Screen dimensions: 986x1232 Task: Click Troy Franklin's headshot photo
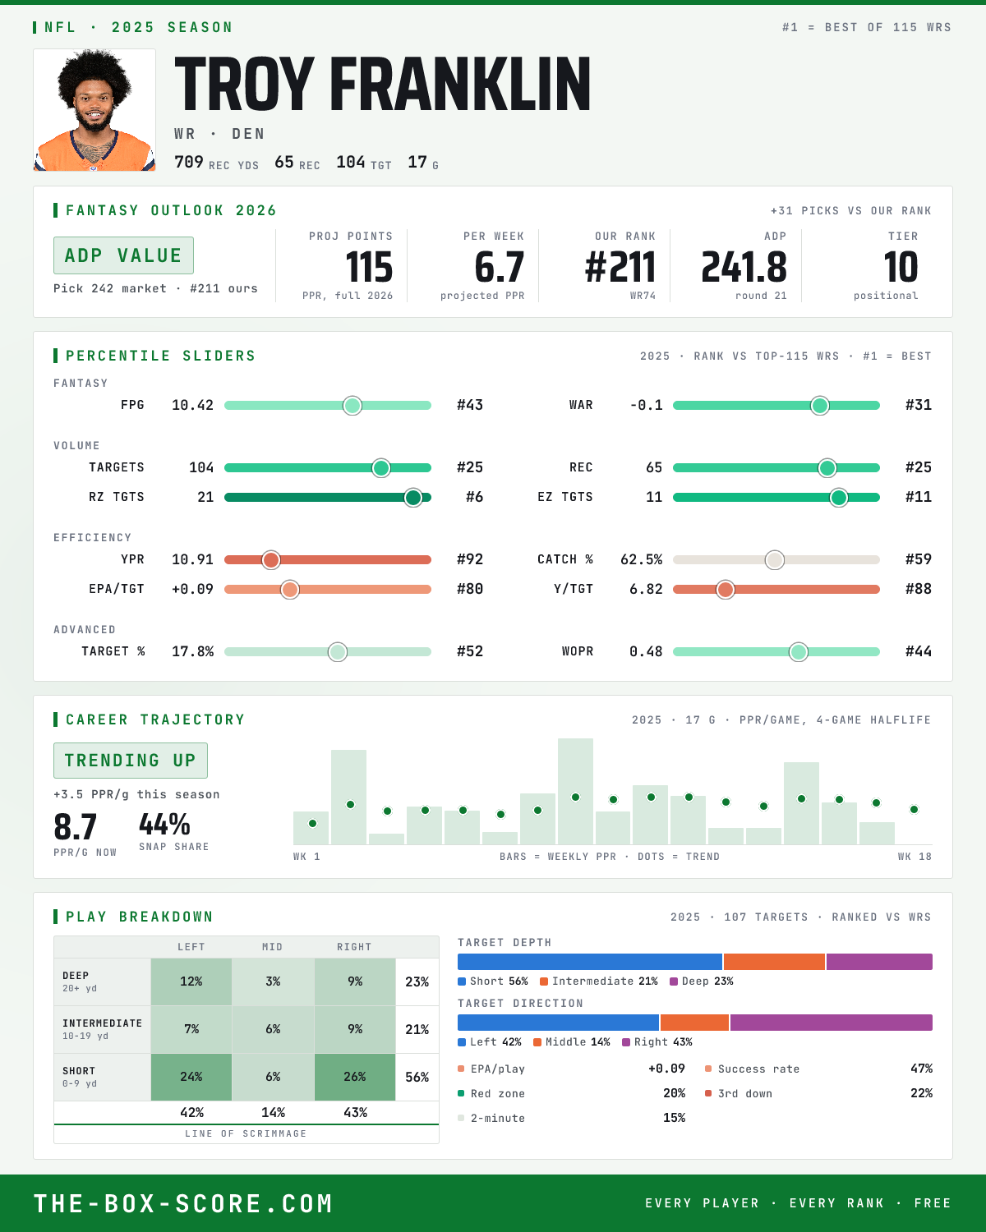click(94, 110)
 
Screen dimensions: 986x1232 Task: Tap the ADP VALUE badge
click(123, 255)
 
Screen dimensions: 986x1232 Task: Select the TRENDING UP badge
click(130, 761)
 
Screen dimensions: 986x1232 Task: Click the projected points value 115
click(369, 268)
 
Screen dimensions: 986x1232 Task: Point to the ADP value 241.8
click(744, 268)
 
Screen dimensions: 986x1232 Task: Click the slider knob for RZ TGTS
click(412, 498)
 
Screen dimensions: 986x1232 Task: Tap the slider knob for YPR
click(271, 560)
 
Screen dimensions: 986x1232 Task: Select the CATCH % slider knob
click(775, 560)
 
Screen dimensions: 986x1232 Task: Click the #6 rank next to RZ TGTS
click(474, 497)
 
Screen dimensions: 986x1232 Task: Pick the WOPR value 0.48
click(646, 651)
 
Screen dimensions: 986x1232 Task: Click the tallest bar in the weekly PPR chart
click(575, 791)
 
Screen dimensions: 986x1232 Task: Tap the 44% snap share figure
click(164, 825)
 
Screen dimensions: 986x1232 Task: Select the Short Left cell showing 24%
click(191, 1077)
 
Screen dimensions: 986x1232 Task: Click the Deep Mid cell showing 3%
click(274, 981)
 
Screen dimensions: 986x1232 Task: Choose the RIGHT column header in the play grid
click(354, 947)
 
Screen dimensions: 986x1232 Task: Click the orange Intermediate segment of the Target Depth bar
click(774, 962)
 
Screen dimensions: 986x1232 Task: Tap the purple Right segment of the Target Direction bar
click(832, 1023)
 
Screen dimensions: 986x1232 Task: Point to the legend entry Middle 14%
click(571, 1042)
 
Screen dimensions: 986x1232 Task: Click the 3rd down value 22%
click(921, 1093)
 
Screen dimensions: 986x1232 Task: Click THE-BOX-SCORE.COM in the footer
click(183, 1203)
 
